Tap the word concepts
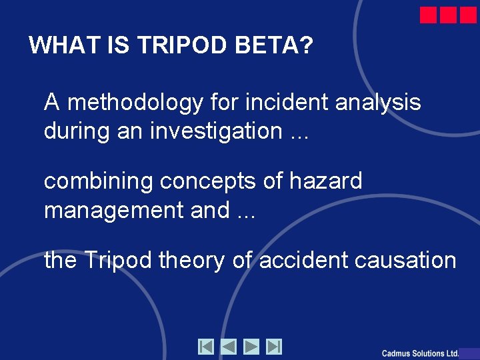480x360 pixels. pos(188,181)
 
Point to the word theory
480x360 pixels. pos(193,260)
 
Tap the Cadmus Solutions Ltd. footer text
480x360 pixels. pos(420,353)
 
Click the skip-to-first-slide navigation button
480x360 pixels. pos(206,347)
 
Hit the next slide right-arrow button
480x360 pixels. pos(251,347)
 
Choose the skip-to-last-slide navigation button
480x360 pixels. pos(274,347)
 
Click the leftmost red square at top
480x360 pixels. pos(428,15)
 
